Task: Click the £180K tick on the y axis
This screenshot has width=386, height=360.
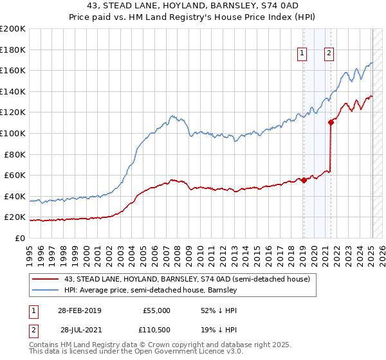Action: pyautogui.click(x=14, y=50)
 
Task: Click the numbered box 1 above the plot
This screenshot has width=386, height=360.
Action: pyautogui.click(x=302, y=53)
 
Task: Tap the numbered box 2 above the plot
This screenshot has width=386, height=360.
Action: pyautogui.click(x=329, y=53)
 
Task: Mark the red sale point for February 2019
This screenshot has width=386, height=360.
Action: pyautogui.click(x=304, y=181)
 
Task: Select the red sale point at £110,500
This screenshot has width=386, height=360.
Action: pyautogui.click(x=331, y=122)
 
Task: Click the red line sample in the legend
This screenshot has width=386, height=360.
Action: pyautogui.click(x=45, y=279)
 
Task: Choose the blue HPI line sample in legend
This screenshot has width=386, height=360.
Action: pyautogui.click(x=45, y=291)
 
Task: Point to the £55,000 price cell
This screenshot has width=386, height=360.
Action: pyautogui.click(x=156, y=310)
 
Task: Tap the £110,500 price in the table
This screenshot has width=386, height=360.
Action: pyautogui.click(x=156, y=330)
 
